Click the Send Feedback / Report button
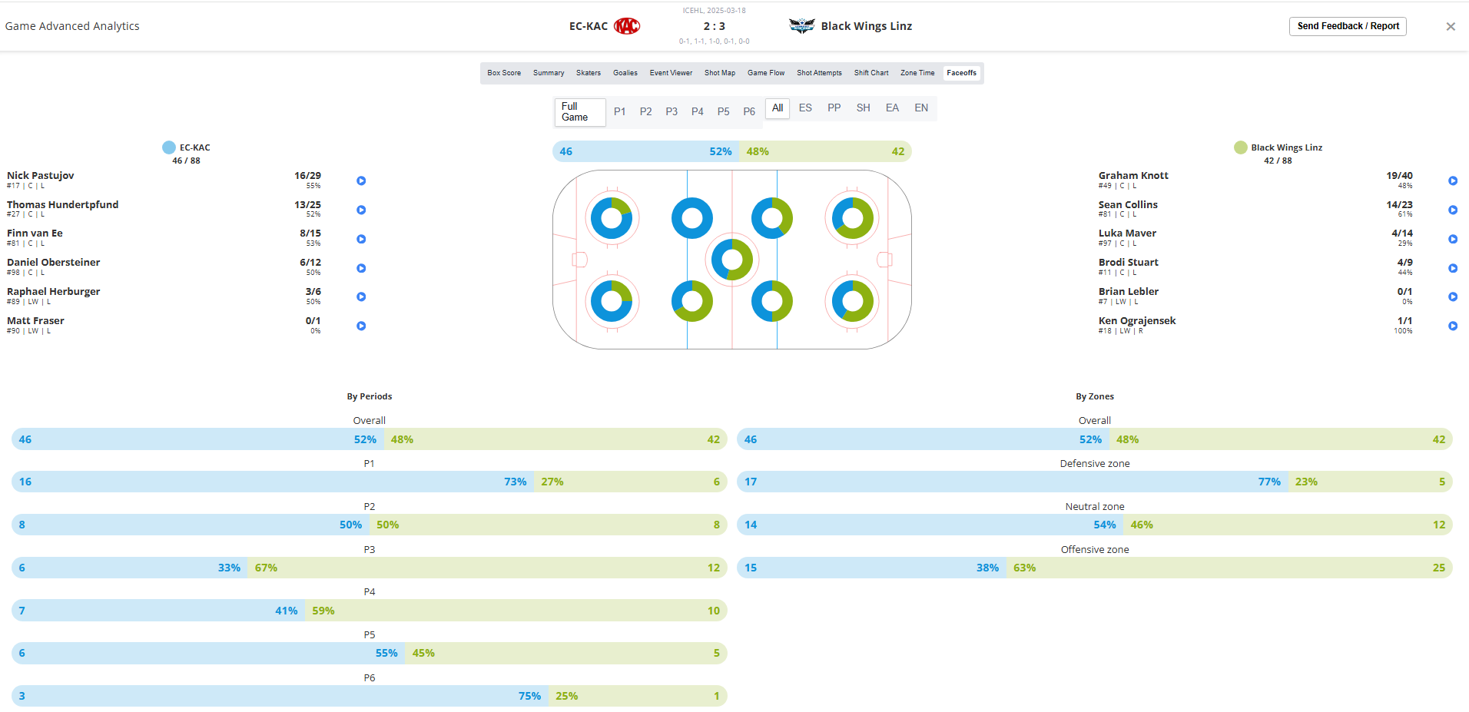[1347, 26]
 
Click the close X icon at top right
[1451, 27]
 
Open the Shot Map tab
[719, 73]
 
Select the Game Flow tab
[765, 73]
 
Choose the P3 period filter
[671, 112]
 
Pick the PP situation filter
[834, 108]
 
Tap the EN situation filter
[921, 108]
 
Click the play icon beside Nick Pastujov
[361, 181]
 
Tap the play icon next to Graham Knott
[1452, 181]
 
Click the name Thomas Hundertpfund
[63, 205]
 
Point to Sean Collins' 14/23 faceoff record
[1399, 205]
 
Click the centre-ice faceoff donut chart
[731, 260]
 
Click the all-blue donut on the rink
[691, 218]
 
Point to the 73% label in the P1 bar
[515, 482]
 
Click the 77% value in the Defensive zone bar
[1268, 482]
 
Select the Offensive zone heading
[1094, 550]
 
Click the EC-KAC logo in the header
[627, 26]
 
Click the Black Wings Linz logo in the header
[801, 26]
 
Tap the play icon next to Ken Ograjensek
[1452, 326]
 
